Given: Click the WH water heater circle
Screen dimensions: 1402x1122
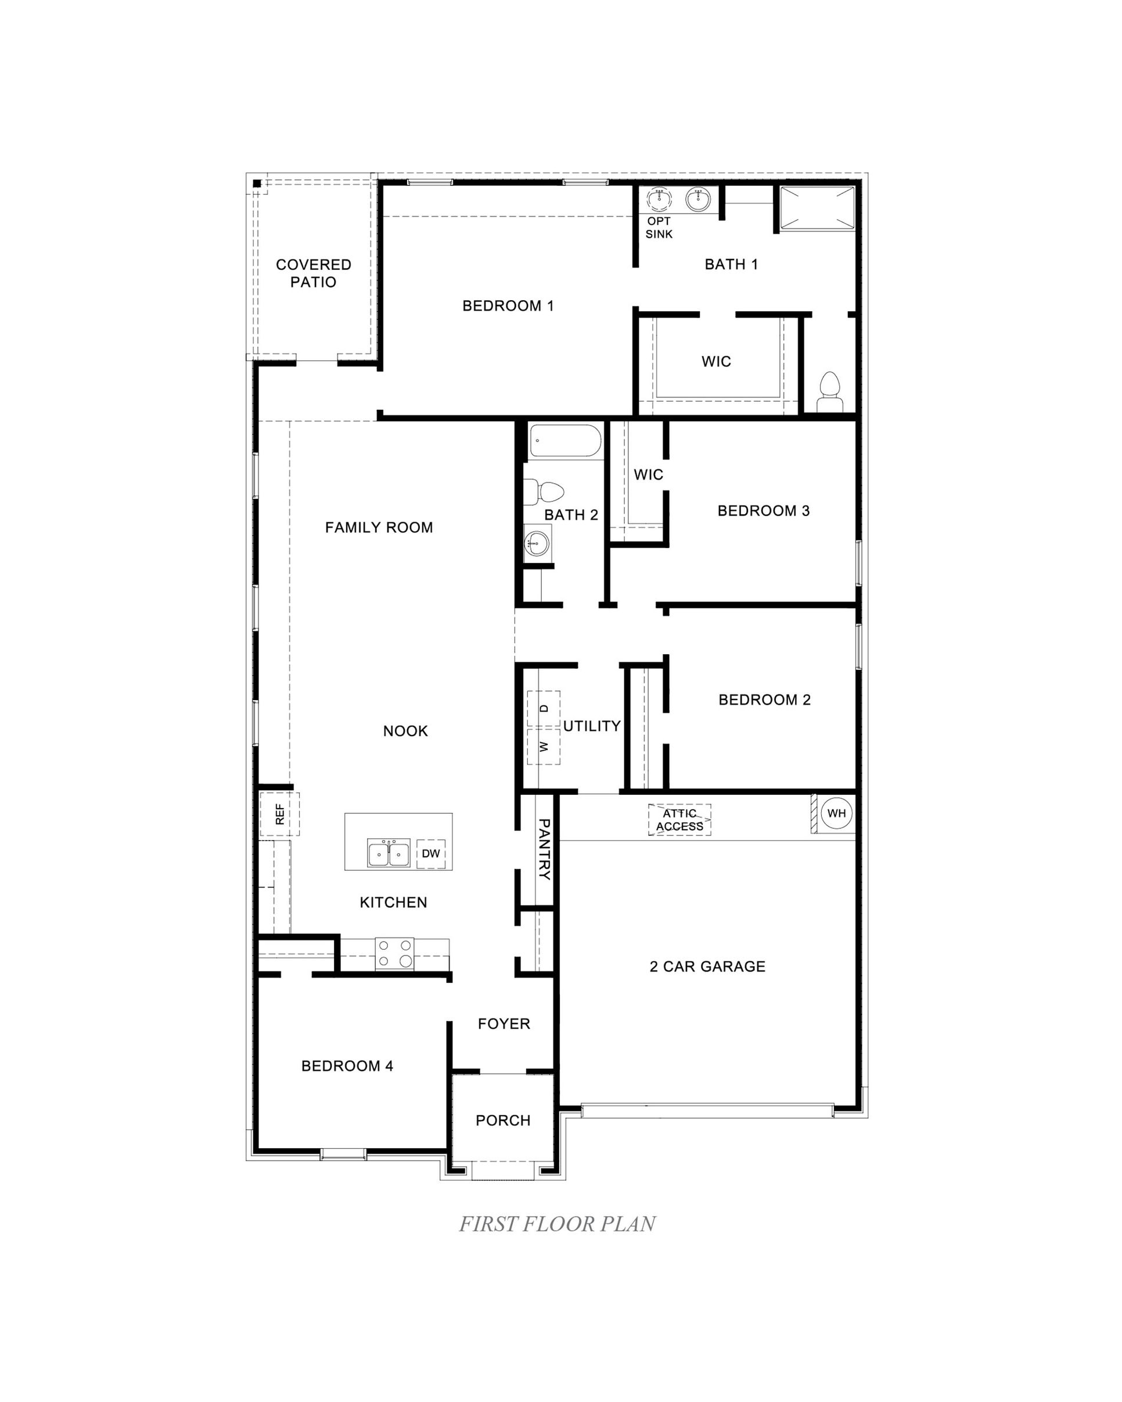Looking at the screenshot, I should (x=836, y=813).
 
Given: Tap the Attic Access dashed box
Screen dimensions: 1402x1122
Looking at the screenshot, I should (x=679, y=819).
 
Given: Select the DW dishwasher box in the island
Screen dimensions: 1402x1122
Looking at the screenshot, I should (x=430, y=854).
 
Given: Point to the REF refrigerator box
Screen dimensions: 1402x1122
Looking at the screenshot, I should (x=280, y=814).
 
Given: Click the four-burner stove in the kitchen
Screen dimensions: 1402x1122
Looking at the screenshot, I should (x=394, y=954).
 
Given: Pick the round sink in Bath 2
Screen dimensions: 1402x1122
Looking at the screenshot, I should (x=537, y=541).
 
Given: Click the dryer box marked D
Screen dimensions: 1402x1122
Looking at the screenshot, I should (x=544, y=708).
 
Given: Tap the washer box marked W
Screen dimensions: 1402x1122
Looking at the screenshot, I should (x=544, y=746).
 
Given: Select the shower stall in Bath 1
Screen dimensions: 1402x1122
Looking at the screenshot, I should (x=817, y=207).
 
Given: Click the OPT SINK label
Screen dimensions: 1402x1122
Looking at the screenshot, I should (x=659, y=228).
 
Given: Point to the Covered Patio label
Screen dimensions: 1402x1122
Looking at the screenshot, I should (x=314, y=273).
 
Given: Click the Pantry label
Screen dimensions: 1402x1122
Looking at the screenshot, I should (x=544, y=849).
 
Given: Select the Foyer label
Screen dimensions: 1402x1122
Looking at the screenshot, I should (x=504, y=1023).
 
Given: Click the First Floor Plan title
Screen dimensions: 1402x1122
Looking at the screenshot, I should (x=558, y=1224).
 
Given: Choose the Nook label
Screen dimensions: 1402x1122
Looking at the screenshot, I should (x=405, y=731).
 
